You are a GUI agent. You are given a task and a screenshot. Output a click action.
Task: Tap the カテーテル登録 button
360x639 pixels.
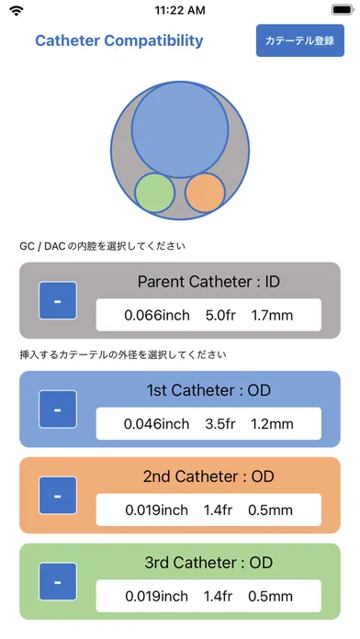point(300,40)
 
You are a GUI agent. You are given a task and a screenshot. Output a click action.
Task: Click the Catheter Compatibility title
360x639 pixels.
point(119,40)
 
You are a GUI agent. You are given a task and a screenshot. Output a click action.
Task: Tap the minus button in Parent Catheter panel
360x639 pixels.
point(58,300)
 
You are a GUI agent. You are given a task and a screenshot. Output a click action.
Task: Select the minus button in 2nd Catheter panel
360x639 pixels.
point(58,496)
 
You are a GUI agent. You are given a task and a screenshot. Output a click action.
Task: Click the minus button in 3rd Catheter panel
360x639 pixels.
point(58,581)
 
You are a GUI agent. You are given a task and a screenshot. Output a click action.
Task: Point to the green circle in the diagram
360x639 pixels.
point(155,193)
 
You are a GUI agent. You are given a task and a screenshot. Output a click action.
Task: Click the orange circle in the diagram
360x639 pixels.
point(205,193)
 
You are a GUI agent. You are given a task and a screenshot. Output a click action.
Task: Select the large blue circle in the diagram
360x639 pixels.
point(180,129)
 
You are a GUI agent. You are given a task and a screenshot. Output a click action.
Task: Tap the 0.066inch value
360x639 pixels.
point(157,315)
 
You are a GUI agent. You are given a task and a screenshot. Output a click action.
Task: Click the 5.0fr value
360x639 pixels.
point(221,315)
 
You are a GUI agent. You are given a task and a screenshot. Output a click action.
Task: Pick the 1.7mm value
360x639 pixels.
point(272,315)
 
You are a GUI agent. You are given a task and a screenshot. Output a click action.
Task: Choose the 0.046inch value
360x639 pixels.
point(156,424)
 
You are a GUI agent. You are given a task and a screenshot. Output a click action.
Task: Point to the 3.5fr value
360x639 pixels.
point(220,424)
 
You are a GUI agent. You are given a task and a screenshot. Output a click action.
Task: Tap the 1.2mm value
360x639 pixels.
point(272,424)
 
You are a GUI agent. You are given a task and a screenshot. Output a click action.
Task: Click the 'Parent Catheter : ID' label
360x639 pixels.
point(208,282)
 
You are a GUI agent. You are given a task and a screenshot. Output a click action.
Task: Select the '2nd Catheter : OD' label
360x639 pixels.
point(208,476)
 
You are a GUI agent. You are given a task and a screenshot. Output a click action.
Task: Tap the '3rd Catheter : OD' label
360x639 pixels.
point(208,563)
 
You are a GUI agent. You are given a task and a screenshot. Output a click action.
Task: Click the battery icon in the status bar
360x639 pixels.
point(343,10)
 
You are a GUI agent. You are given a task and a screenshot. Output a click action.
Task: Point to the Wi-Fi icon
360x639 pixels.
point(17,11)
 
